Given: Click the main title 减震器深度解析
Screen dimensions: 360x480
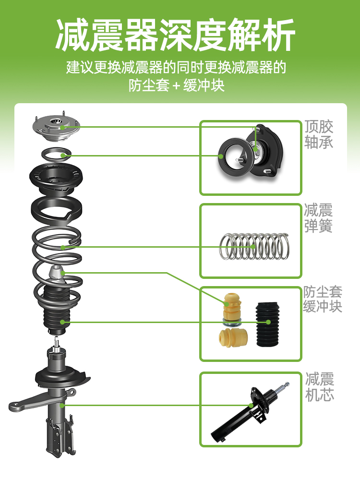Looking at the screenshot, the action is point(175,34).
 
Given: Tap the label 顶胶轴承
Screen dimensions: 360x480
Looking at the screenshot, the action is point(319,134).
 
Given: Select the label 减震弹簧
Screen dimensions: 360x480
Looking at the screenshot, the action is point(318,218).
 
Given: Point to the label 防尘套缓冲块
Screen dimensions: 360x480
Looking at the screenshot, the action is point(323,299).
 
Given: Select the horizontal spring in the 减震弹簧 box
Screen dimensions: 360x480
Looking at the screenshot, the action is point(254,246).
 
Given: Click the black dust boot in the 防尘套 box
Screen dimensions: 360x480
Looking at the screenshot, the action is point(267,324).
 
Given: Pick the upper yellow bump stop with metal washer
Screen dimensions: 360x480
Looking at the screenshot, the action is point(232,310).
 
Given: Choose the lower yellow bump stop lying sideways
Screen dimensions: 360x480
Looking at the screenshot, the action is point(233,338).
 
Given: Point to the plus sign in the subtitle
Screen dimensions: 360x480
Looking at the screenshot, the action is point(176,86).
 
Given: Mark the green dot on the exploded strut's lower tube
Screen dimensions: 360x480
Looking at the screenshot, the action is point(62,406).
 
